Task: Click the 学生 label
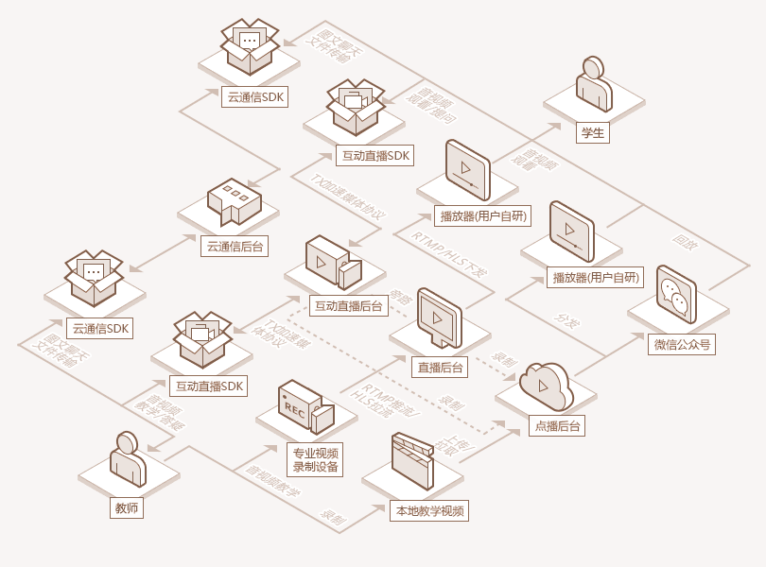(593, 133)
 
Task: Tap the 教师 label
(127, 508)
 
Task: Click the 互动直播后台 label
(348, 306)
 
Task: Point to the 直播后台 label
(438, 368)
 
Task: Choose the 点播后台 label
(556, 426)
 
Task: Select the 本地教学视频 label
(429, 511)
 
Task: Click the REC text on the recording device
(294, 407)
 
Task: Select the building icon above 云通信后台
(234, 201)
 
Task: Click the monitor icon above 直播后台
(439, 318)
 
